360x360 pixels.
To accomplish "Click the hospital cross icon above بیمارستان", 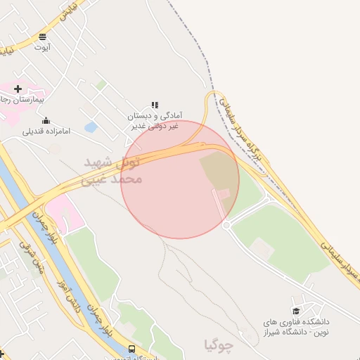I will [x=18, y=89].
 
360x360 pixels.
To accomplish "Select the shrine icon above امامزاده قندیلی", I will [x=46, y=120].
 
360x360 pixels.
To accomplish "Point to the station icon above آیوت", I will [x=43, y=37].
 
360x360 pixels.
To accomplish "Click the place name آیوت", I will [x=43, y=47].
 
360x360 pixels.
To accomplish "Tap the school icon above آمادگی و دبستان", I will [x=155, y=105].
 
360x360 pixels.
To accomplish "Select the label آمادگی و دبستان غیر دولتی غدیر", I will [x=155, y=120].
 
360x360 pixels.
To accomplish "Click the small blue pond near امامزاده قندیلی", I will [x=90, y=127].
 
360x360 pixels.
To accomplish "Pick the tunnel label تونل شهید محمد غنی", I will [x=112, y=171].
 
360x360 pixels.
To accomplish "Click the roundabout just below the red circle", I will [x=226, y=225].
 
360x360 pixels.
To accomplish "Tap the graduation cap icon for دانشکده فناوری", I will [x=296, y=311].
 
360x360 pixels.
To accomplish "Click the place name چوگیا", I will [x=217, y=345].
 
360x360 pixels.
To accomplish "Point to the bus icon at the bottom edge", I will [x=131, y=349].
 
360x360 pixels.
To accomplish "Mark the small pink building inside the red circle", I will [x=223, y=193].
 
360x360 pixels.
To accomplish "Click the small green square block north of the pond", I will [x=101, y=85].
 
